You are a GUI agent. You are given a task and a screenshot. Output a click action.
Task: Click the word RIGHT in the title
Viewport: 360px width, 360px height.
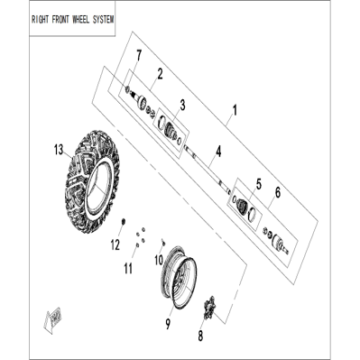(x=40, y=20)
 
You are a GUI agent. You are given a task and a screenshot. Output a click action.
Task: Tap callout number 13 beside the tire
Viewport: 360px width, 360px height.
(x=59, y=150)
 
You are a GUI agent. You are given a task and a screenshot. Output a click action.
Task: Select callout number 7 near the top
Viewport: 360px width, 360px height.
(x=138, y=56)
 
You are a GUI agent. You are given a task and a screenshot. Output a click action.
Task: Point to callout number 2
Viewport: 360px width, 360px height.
(x=160, y=74)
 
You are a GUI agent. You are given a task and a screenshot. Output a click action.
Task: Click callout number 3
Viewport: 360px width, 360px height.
(x=182, y=106)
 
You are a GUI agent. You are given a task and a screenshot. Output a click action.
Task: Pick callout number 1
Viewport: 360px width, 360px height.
(x=235, y=110)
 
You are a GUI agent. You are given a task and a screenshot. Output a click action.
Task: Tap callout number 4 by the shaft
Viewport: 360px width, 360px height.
(x=218, y=152)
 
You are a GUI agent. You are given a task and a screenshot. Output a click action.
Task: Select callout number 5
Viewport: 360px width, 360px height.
(x=259, y=184)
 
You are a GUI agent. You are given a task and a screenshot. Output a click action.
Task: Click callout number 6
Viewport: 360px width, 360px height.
(x=278, y=192)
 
